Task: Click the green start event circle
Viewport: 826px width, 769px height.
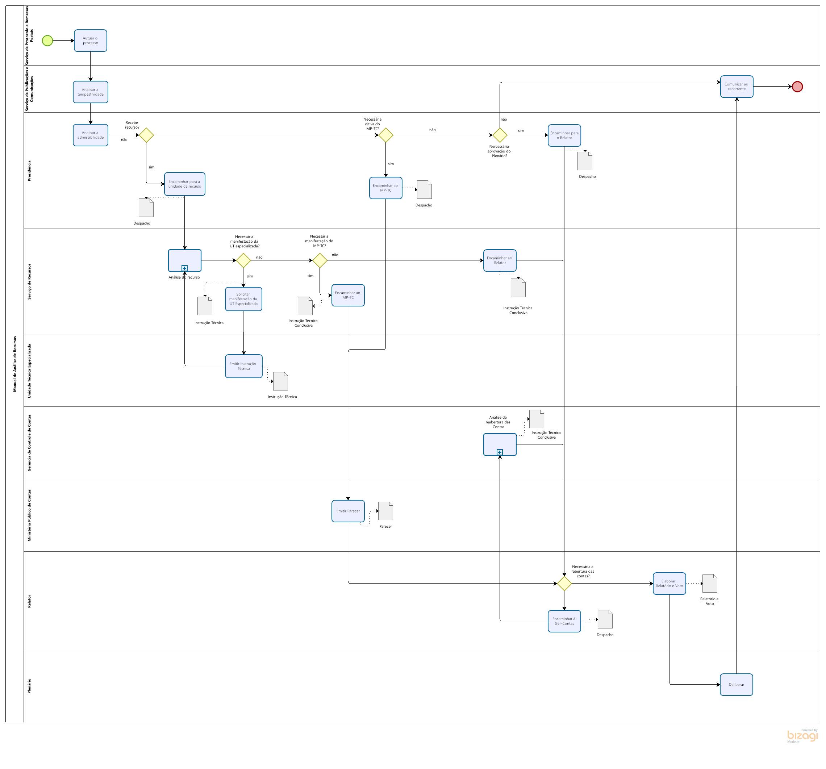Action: tap(47, 41)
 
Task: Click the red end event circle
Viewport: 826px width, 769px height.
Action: tap(797, 87)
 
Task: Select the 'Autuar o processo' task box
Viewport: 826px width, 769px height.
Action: tap(90, 41)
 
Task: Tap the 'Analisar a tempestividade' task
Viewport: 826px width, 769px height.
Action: tap(90, 92)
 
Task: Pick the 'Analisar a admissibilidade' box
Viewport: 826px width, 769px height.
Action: tap(90, 135)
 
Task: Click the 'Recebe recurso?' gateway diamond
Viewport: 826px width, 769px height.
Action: tap(146, 135)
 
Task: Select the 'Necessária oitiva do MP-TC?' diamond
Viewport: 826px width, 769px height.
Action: tap(385, 135)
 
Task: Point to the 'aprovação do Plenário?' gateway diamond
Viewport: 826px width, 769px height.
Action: tap(500, 135)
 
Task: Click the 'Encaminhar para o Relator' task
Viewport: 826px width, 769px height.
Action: tap(564, 135)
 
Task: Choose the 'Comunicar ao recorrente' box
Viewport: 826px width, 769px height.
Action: tap(736, 87)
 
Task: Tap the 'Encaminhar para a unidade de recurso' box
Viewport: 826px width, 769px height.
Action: tap(184, 184)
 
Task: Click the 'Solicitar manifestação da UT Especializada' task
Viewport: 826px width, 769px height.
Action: tap(243, 299)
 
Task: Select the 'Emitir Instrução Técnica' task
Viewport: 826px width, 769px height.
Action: tap(243, 366)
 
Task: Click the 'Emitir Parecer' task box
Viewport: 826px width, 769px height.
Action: tap(348, 511)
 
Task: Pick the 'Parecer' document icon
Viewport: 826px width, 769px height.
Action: tap(385, 511)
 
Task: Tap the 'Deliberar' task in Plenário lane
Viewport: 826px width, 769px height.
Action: tap(736, 684)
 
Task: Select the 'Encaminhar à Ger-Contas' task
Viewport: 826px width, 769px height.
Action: tap(564, 621)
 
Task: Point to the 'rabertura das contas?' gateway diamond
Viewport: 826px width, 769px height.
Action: tap(564, 583)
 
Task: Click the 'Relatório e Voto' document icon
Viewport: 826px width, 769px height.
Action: tap(709, 583)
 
